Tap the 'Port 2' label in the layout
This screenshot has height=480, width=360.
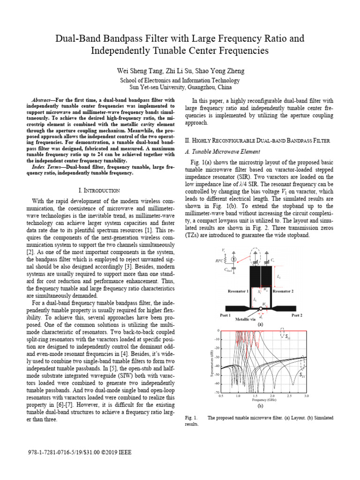297,315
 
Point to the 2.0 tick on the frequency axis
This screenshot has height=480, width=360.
272,396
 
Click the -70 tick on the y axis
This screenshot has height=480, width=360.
217,392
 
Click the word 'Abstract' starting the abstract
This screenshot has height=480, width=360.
41,100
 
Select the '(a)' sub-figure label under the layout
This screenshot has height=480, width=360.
260,324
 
